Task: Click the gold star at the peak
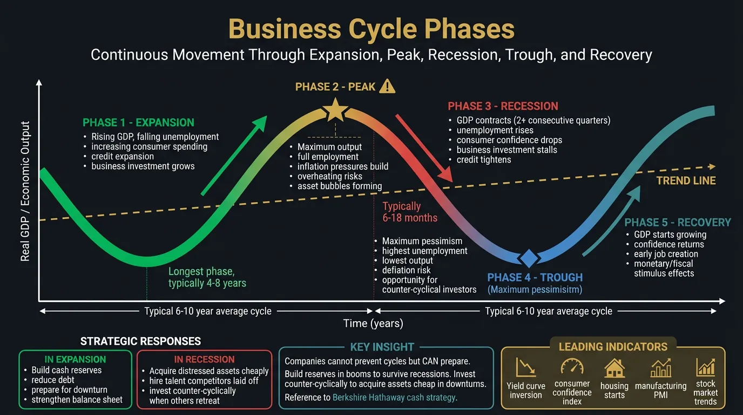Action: (x=335, y=111)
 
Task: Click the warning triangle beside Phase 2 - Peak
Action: (x=387, y=86)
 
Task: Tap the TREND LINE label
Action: (x=686, y=180)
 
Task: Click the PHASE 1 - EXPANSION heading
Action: (x=138, y=123)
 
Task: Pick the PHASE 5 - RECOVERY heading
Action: (x=678, y=223)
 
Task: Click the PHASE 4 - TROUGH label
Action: (x=535, y=278)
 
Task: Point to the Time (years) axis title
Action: (x=373, y=324)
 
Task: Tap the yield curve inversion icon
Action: (x=525, y=367)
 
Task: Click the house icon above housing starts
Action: (x=614, y=368)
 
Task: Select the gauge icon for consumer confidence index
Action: (x=572, y=366)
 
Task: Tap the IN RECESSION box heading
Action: (x=204, y=359)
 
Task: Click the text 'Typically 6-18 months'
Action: (x=410, y=212)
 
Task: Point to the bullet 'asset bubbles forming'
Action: (x=340, y=186)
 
